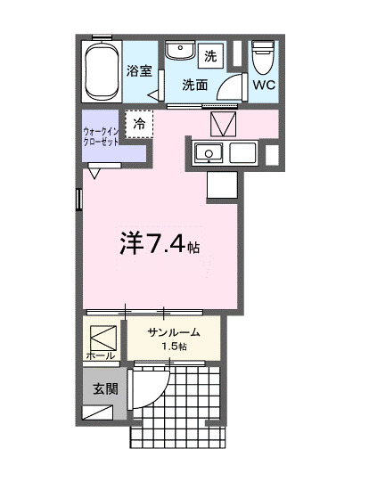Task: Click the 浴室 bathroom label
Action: (x=138, y=71)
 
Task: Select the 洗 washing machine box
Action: (x=210, y=55)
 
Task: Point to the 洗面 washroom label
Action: (x=195, y=86)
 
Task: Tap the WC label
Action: (x=263, y=86)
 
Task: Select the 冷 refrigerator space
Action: (x=139, y=124)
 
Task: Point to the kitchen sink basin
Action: (x=210, y=152)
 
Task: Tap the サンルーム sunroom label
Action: (x=174, y=332)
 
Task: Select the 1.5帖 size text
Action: (x=175, y=346)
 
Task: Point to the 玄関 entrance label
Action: (x=105, y=388)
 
